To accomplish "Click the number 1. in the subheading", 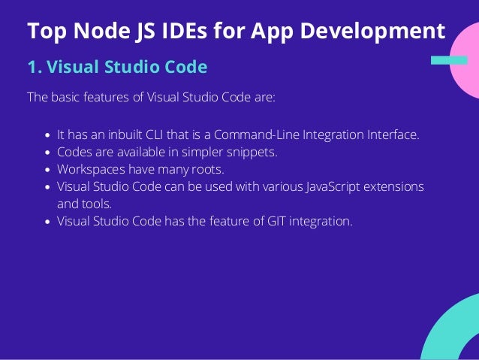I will [x=34, y=68].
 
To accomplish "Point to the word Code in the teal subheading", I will [x=184, y=68].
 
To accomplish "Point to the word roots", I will [x=207, y=168].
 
